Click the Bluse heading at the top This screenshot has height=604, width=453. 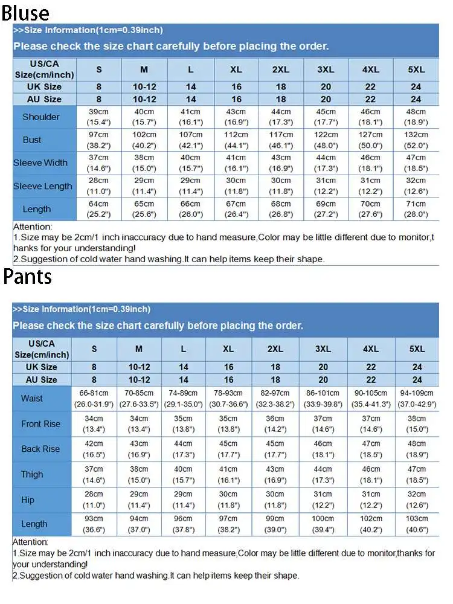click(x=25, y=12)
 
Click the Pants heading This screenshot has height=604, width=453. click(x=28, y=277)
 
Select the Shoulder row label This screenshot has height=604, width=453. click(x=40, y=117)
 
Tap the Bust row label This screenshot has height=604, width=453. click(x=32, y=140)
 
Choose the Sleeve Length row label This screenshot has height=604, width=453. click(x=43, y=186)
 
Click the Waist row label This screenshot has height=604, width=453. click(x=32, y=399)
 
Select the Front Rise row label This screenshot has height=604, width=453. click(x=40, y=424)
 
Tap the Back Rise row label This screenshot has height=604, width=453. click(x=40, y=449)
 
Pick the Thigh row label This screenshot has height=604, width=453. click(x=32, y=474)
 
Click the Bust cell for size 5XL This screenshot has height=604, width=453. click(x=416, y=140)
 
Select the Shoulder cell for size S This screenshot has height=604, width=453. click(x=98, y=117)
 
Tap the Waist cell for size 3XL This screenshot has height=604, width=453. click(x=323, y=399)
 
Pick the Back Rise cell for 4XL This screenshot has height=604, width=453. click(x=371, y=449)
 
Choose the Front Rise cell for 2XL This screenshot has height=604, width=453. click(x=275, y=424)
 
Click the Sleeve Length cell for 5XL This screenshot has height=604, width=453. click(x=416, y=186)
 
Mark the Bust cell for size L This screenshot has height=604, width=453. click(x=191, y=140)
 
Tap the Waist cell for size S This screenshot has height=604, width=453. click(x=94, y=399)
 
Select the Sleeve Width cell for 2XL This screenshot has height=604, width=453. click(x=281, y=162)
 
